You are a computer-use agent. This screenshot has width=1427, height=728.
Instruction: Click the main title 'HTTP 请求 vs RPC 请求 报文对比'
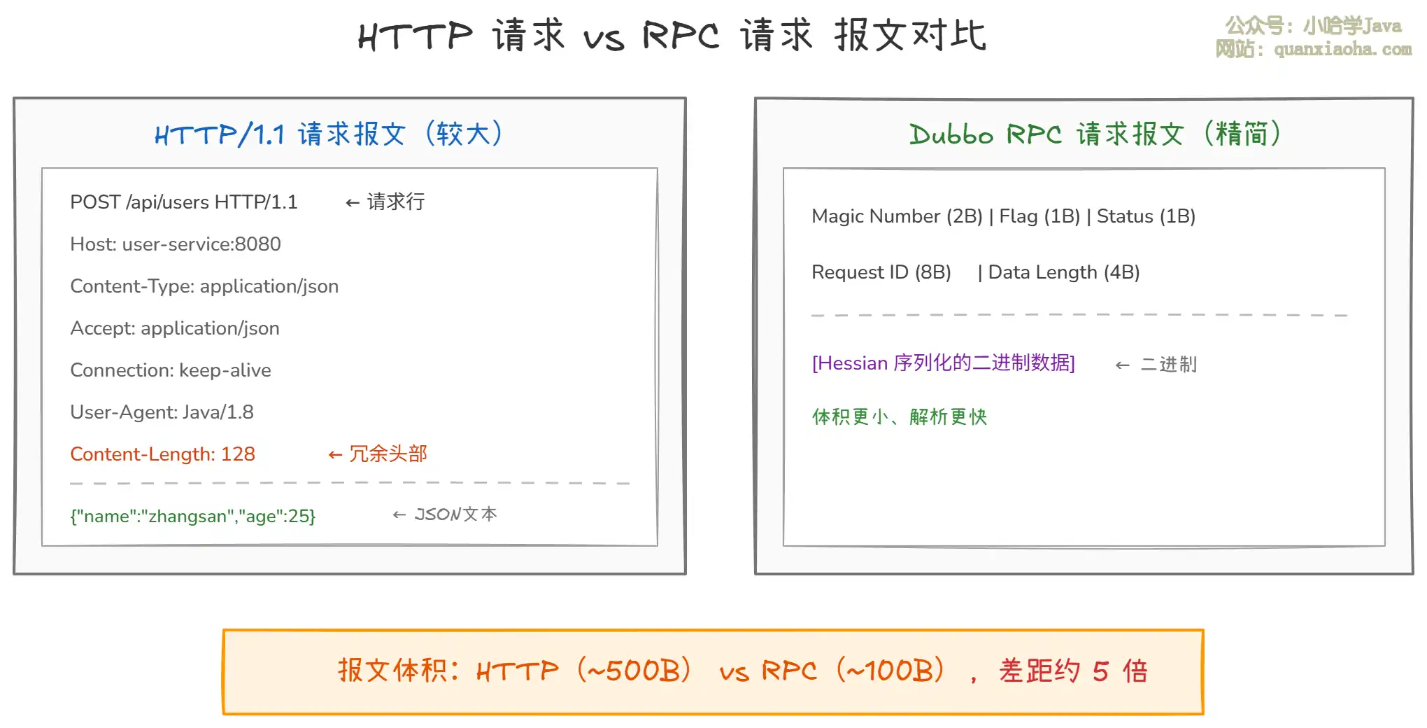coord(672,35)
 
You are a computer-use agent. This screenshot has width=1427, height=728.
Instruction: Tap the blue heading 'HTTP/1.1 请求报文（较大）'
coord(329,133)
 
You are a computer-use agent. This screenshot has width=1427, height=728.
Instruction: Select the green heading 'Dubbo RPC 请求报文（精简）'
coord(1095,133)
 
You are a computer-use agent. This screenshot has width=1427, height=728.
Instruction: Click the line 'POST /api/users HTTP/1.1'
coord(184,202)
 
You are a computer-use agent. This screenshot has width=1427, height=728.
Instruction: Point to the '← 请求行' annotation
coord(385,202)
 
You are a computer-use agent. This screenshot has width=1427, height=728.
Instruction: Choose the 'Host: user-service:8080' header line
coord(176,244)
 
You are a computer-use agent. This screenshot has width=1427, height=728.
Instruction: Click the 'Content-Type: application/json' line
coord(204,286)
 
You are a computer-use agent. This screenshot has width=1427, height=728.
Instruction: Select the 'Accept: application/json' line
coord(175,328)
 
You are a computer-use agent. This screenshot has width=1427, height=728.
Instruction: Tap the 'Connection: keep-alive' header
coord(171,370)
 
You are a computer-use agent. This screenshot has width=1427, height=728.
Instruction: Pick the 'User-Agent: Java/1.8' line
coord(162,412)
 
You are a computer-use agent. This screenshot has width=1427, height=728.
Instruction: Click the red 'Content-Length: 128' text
coord(163,454)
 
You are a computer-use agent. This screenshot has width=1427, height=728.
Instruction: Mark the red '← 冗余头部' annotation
coord(378,454)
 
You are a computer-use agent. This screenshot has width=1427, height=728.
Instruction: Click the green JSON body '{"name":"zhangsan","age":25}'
coord(193,517)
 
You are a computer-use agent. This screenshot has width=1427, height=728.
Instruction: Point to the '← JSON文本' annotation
coord(445,514)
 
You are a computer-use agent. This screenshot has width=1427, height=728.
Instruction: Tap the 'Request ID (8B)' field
coord(881,272)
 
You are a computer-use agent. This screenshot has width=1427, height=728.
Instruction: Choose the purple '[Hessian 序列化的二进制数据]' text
coord(944,363)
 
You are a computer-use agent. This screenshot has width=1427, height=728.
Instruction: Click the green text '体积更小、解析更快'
coord(900,417)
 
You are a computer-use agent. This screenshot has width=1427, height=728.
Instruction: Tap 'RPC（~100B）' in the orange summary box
coord(853,671)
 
